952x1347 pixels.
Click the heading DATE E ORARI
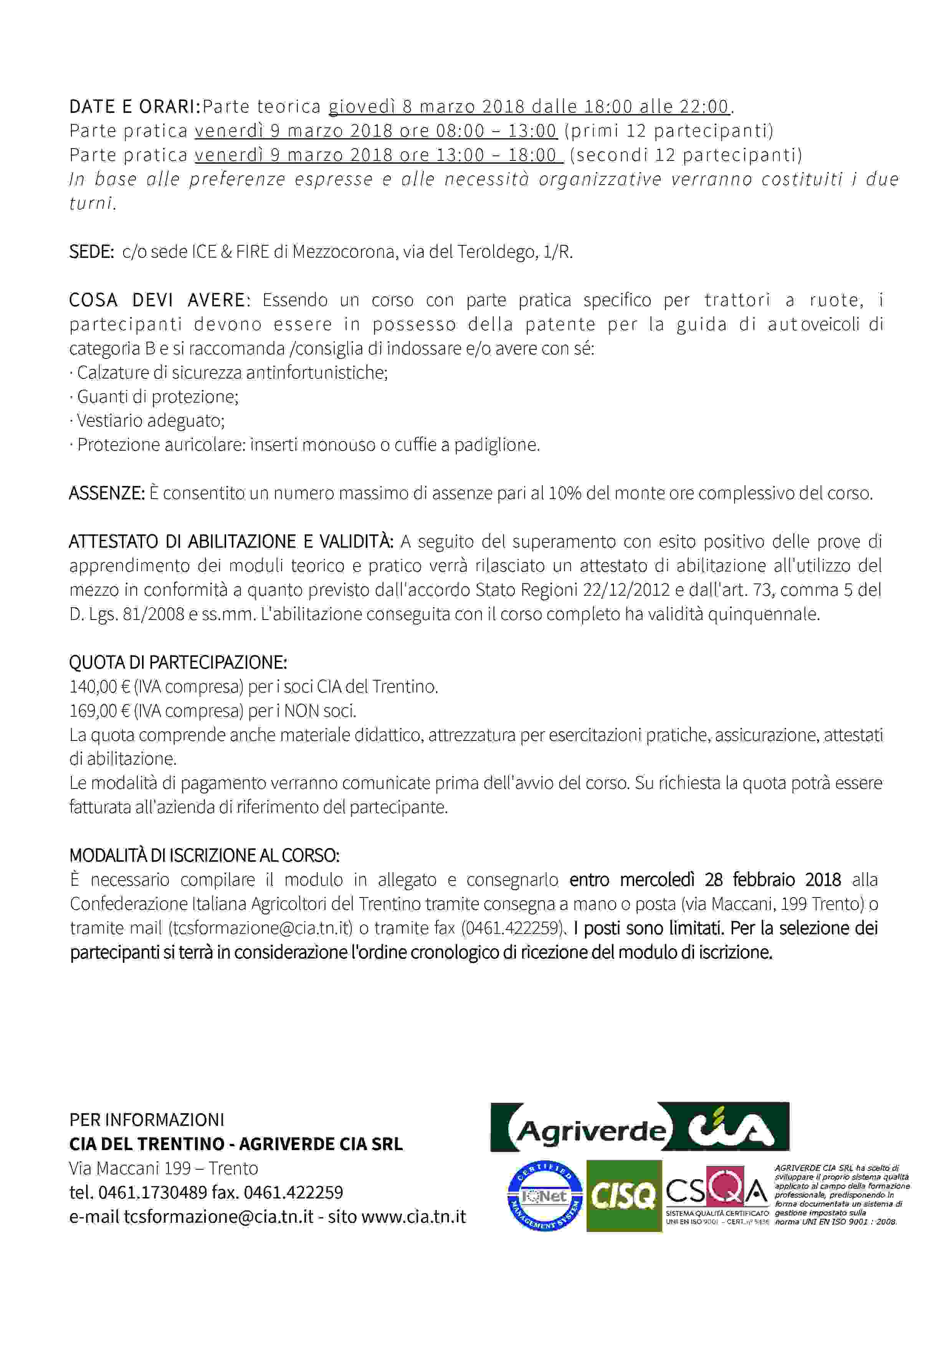coord(134,107)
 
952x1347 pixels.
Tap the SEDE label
coord(91,252)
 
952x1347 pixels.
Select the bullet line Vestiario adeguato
coord(150,421)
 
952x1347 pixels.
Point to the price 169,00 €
coord(99,711)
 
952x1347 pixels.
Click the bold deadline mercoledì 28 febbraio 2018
coord(705,880)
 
